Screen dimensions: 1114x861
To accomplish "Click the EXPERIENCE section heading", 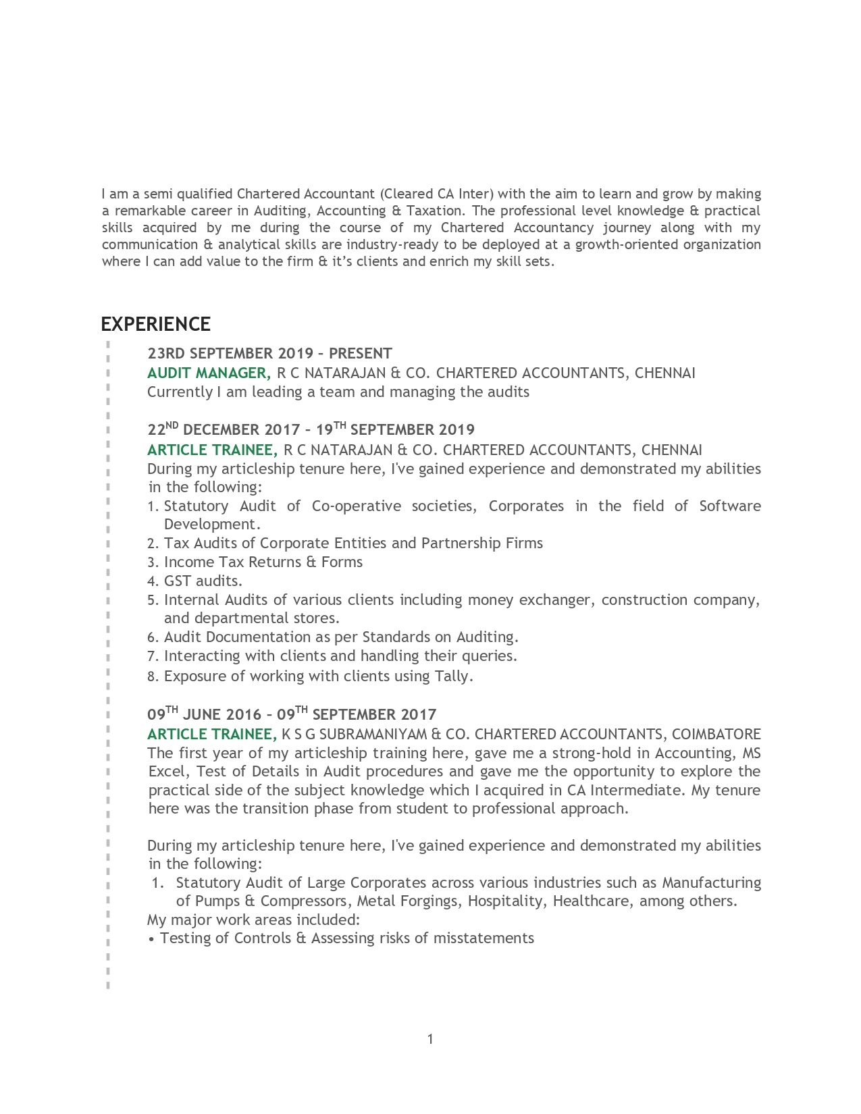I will [x=155, y=324].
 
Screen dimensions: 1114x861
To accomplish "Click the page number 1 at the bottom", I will [x=430, y=1039].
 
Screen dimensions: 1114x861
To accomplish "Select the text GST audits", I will [x=203, y=581].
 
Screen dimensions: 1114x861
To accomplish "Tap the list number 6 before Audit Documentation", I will [x=152, y=637].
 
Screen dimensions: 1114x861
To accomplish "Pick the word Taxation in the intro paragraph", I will [x=434, y=211].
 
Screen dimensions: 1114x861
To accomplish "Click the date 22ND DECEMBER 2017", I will [x=224, y=429].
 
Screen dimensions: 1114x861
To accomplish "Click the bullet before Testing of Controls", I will [x=151, y=938].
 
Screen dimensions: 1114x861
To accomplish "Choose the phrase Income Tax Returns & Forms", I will [x=263, y=562].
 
